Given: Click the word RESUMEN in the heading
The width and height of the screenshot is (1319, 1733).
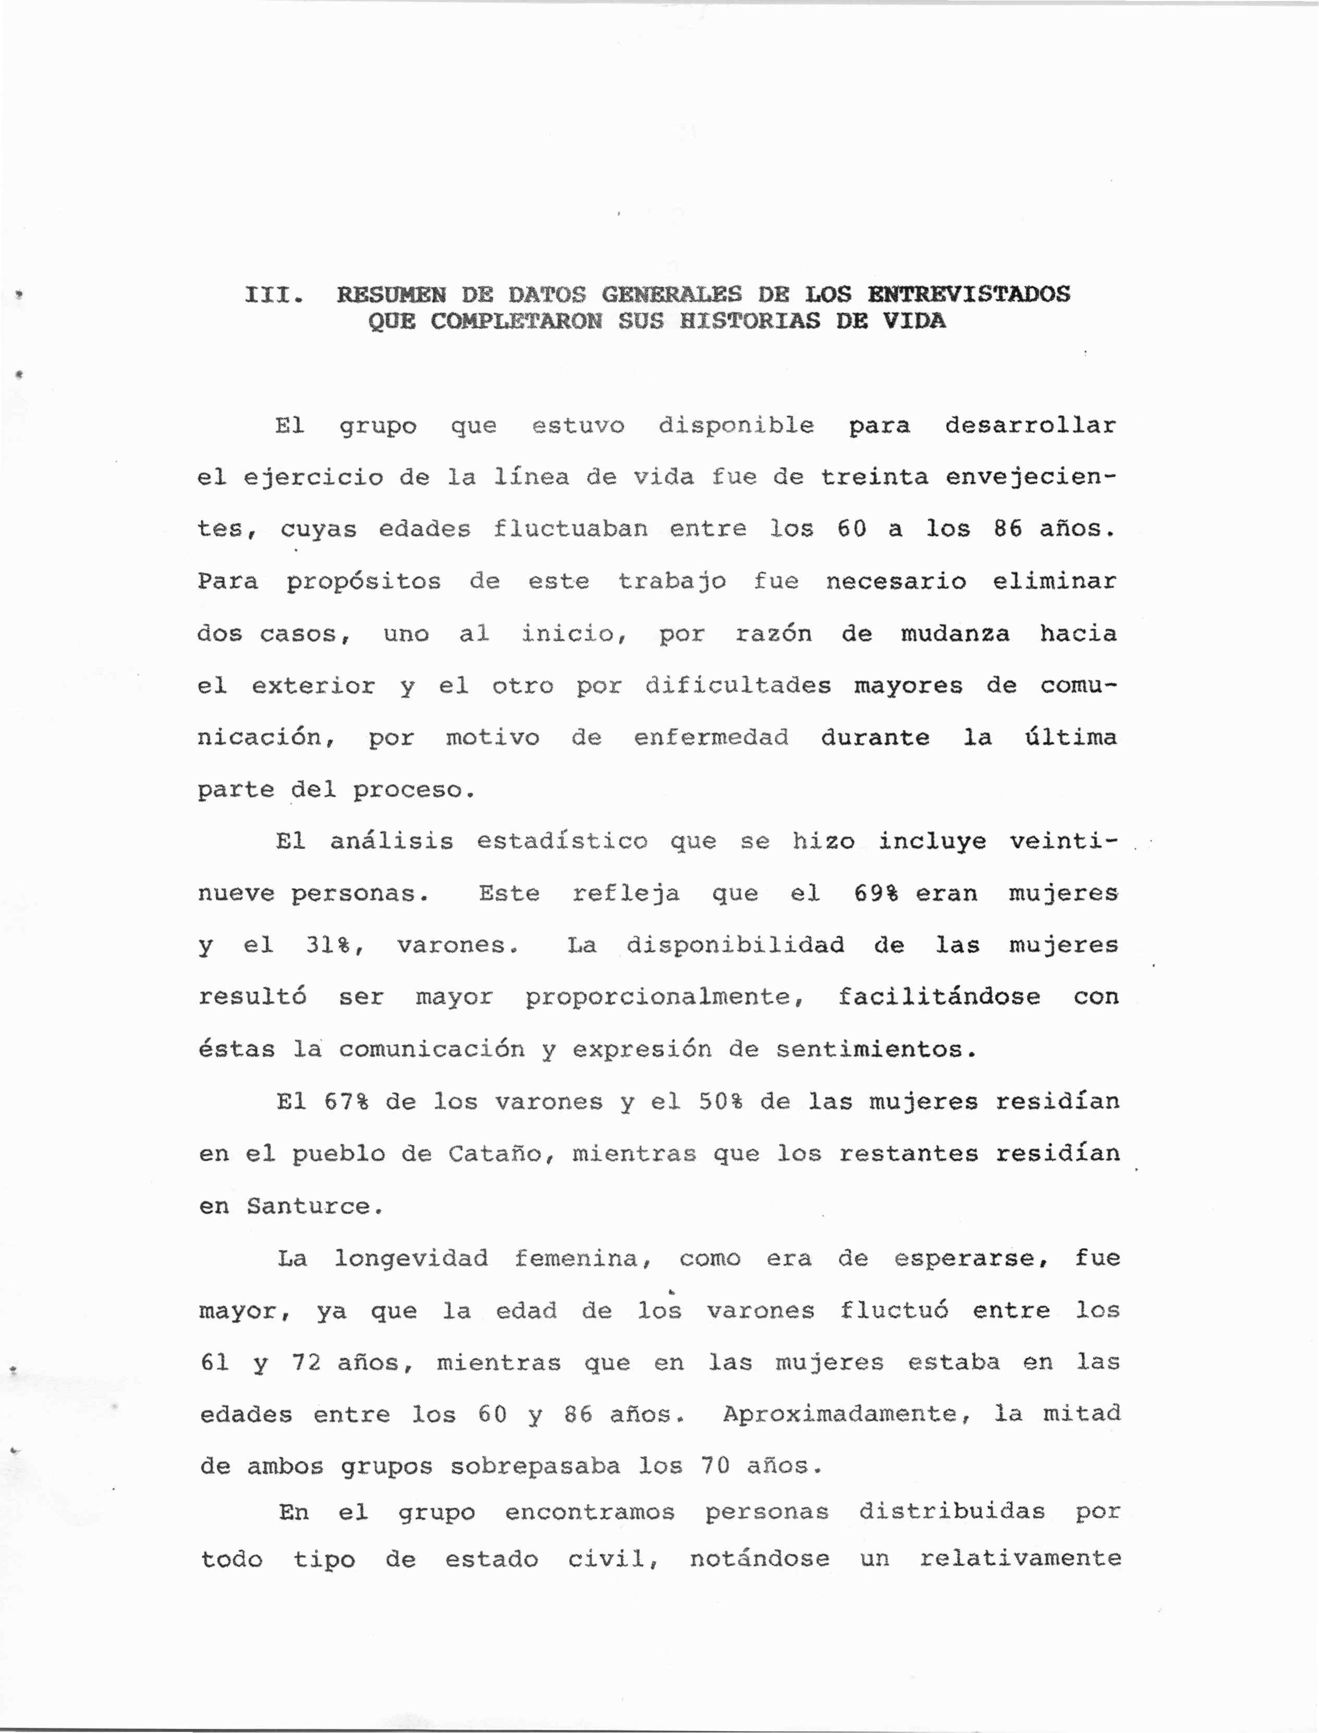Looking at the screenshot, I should [x=391, y=295].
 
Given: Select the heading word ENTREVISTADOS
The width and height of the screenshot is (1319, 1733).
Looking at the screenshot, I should [x=968, y=294].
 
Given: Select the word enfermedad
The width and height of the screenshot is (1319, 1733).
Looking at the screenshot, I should [x=711, y=738].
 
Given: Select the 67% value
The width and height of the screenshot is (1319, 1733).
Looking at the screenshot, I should [x=346, y=1102].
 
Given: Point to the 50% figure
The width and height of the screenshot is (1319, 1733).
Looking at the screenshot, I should [x=720, y=1102].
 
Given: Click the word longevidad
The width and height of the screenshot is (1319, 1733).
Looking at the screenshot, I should [x=411, y=1259].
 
